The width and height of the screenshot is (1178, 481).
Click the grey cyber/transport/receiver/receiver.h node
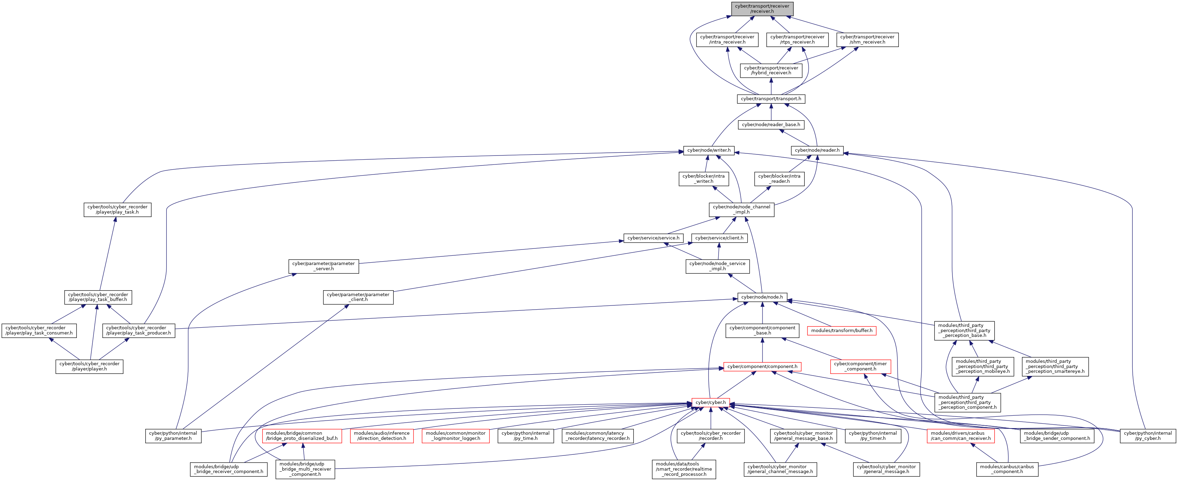coord(762,9)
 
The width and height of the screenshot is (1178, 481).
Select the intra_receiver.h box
coord(727,40)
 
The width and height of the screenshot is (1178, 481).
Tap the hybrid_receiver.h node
coord(771,70)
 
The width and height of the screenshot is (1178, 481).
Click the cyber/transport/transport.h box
coord(771,99)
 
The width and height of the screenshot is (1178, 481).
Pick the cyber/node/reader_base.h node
coord(771,124)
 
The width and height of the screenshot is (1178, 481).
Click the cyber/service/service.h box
coord(654,238)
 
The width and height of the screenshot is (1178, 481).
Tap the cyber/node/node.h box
coord(762,297)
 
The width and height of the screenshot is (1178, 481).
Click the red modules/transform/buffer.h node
coord(842,330)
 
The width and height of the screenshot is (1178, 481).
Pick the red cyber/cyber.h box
coord(711,403)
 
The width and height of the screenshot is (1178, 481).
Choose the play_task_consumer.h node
coord(39,330)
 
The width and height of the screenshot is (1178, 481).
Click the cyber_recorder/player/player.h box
coord(90,366)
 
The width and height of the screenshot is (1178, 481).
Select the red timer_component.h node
coord(860,366)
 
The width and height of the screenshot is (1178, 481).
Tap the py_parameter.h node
coord(173,436)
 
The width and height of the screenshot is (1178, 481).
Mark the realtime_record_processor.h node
coord(684,469)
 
